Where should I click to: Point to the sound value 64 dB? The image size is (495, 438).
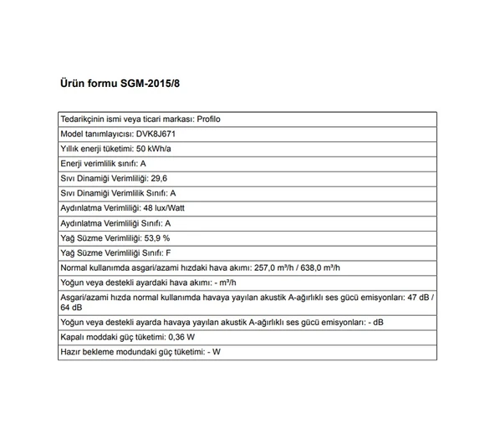click(x=72, y=307)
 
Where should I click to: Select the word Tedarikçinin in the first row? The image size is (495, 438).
click(x=84, y=119)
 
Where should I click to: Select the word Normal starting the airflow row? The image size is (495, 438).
click(x=75, y=267)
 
